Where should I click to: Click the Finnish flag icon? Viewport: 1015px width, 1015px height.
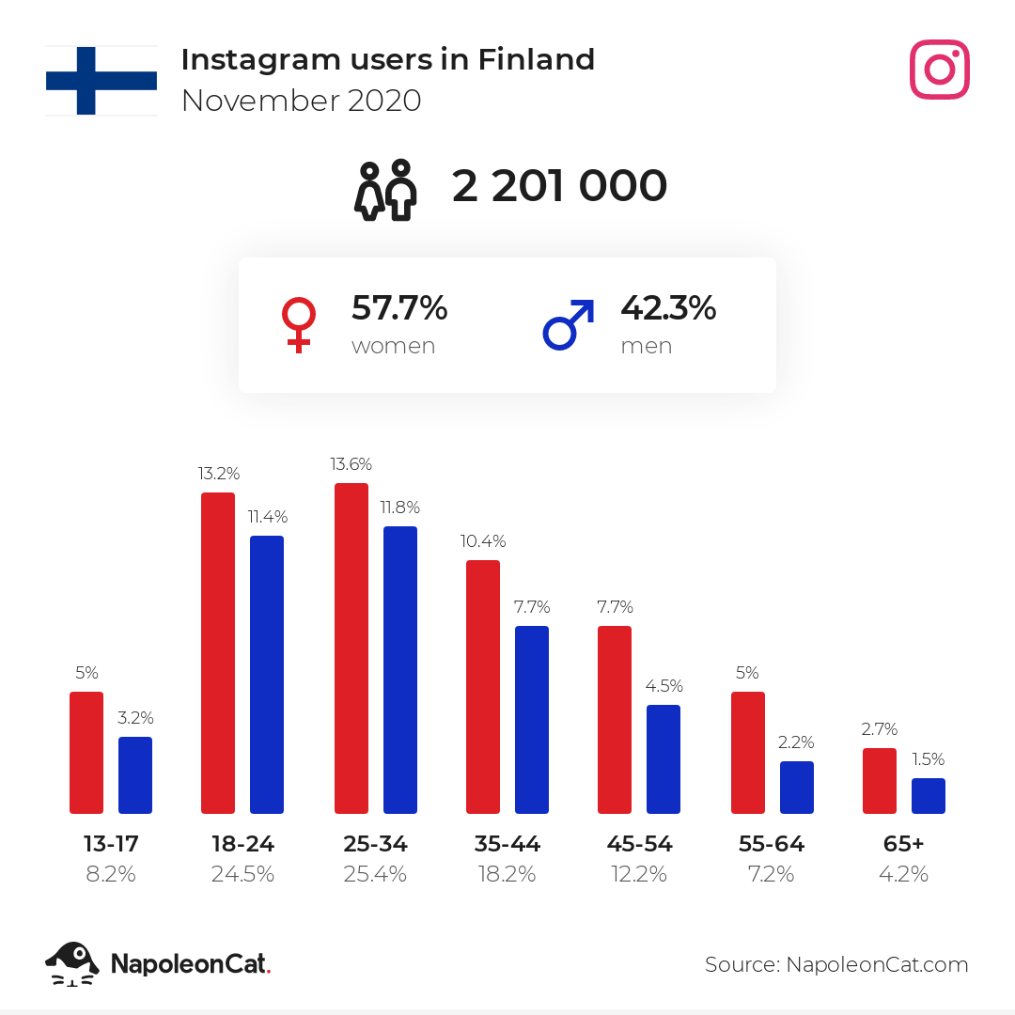click(x=101, y=81)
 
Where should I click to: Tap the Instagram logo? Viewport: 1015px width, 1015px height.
click(x=939, y=70)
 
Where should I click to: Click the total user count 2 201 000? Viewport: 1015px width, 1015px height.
click(x=559, y=186)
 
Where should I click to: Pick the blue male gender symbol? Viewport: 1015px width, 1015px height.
click(x=568, y=324)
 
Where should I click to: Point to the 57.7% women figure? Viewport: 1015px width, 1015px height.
click(x=399, y=307)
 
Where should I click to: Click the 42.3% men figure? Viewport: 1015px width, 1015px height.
click(x=669, y=307)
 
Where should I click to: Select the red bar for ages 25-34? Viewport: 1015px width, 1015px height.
click(x=351, y=648)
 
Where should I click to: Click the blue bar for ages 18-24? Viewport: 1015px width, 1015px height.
click(x=267, y=675)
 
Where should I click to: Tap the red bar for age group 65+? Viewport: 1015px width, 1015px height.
click(x=880, y=781)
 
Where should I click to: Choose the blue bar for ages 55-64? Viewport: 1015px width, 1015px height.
click(x=797, y=788)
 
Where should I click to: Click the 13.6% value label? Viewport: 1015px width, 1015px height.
click(x=351, y=464)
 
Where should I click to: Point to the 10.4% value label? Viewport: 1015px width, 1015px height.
click(x=483, y=541)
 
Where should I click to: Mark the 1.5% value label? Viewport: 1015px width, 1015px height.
click(x=929, y=758)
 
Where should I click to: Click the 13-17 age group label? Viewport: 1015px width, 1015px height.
click(x=111, y=843)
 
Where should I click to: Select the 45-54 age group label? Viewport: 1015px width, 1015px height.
click(x=640, y=843)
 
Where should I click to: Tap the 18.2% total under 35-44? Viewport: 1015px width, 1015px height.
click(x=507, y=875)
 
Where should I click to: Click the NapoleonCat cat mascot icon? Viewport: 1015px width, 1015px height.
click(x=71, y=964)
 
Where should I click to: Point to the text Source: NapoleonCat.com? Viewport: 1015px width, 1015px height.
click(x=836, y=964)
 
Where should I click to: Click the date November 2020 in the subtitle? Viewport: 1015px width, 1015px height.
click(x=302, y=101)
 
